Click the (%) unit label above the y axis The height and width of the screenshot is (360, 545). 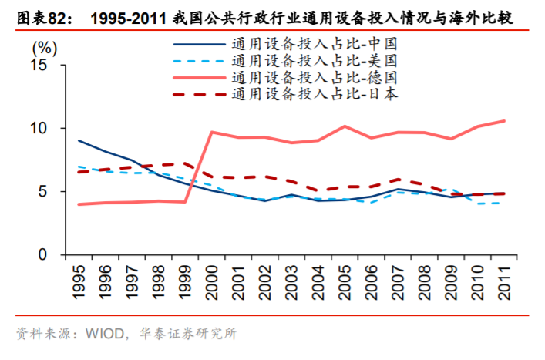[45, 45]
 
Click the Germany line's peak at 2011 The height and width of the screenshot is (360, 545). [503, 121]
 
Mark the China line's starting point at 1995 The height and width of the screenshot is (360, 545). [79, 140]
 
